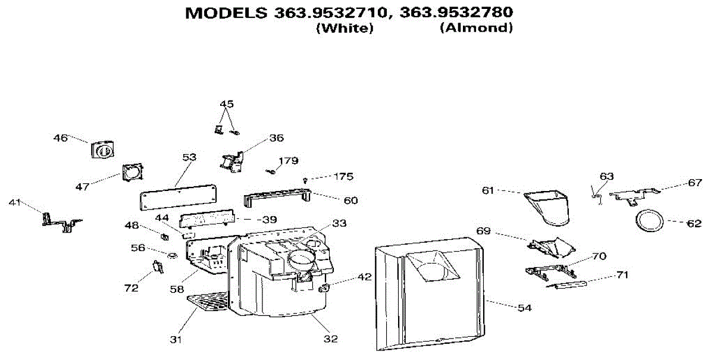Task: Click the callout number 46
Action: tap(61, 138)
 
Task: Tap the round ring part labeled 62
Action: tap(649, 211)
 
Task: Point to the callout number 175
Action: tap(343, 176)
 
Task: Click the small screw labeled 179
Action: tap(271, 172)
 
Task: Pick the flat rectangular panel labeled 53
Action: tap(178, 198)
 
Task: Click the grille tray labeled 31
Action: tap(208, 301)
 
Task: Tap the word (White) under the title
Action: tap(345, 28)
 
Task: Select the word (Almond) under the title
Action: tap(477, 28)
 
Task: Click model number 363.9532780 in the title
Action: tap(456, 12)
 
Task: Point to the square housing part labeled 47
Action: tap(133, 172)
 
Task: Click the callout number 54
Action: tap(525, 308)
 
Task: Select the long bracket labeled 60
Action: tap(277, 198)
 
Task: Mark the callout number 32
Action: tap(331, 339)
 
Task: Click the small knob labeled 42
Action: tap(324, 287)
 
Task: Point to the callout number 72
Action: tap(131, 288)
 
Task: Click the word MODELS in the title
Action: tap(226, 12)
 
